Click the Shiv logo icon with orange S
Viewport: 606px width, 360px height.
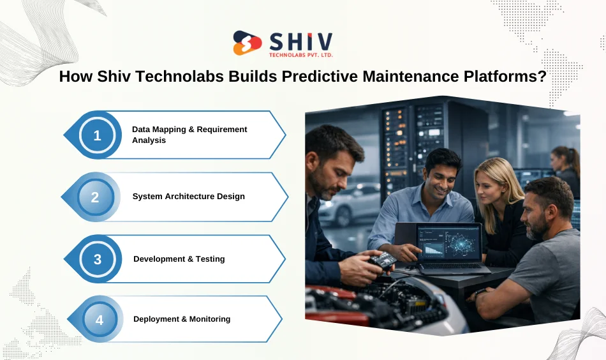pos(248,43)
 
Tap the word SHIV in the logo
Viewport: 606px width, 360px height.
pos(300,40)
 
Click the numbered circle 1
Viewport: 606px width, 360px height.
pos(97,135)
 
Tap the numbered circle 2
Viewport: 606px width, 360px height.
pos(95,197)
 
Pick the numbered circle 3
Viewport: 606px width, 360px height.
pos(98,259)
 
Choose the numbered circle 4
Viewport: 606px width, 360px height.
pos(100,319)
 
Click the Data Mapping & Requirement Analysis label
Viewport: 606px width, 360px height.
pos(189,135)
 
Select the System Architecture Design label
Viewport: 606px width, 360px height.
pos(188,197)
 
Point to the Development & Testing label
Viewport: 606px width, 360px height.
pos(179,259)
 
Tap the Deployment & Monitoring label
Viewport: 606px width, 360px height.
pos(182,319)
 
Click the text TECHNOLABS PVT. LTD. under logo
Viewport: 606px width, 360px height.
pos(301,55)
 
